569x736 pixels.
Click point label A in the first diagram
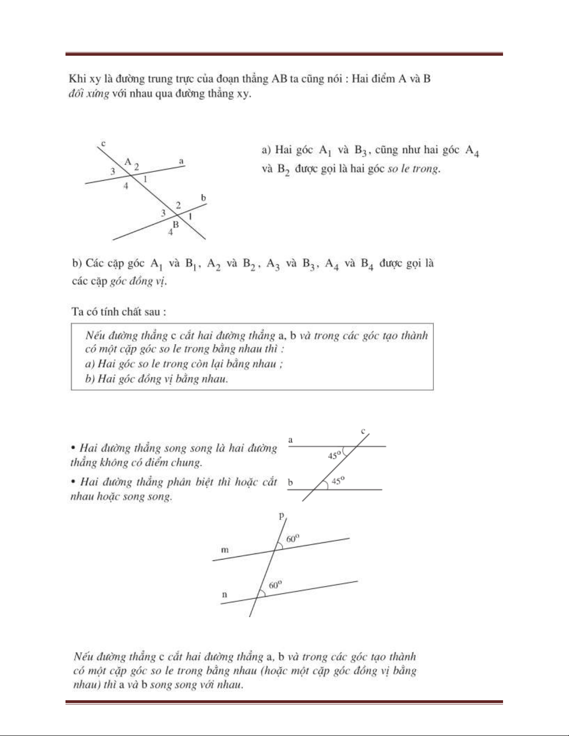click(128, 162)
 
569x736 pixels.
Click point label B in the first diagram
click(176, 224)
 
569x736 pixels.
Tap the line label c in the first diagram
click(103, 143)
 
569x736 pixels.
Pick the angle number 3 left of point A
click(112, 171)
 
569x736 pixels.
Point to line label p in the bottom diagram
click(281, 515)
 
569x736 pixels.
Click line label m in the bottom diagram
click(225, 550)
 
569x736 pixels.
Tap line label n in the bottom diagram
click(225, 594)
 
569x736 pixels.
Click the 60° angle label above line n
click(276, 585)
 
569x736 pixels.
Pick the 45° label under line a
click(335, 455)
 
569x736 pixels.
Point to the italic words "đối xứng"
click(88, 94)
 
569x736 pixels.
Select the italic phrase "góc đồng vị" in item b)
click(137, 281)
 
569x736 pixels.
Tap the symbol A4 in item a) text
click(472, 151)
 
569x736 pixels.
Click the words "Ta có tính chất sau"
click(118, 312)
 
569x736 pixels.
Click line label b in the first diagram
click(203, 198)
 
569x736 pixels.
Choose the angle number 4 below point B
click(170, 232)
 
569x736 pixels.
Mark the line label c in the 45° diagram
click(364, 431)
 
